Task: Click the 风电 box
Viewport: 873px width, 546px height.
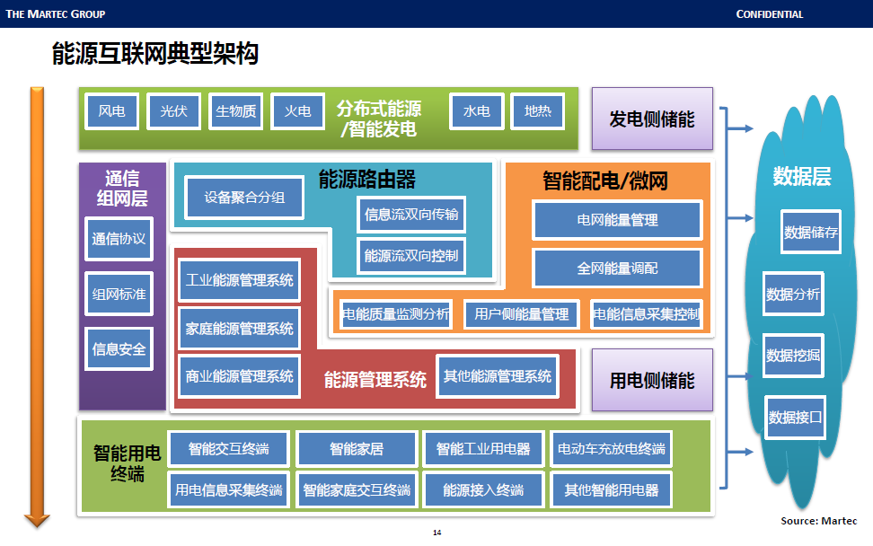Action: pyautogui.click(x=111, y=111)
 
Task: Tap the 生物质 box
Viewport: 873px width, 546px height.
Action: pyautogui.click(x=235, y=111)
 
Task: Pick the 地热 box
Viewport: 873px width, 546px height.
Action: pyautogui.click(x=538, y=111)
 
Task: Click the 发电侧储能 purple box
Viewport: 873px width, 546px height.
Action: pyautogui.click(x=652, y=119)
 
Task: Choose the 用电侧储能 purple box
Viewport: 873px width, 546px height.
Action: pyautogui.click(x=652, y=381)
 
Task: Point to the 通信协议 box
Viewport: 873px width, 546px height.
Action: pyautogui.click(x=119, y=239)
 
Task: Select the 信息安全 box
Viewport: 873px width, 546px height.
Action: pyautogui.click(x=119, y=348)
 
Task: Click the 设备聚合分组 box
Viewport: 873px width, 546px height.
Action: pyautogui.click(x=244, y=198)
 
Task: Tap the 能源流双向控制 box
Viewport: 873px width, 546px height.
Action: pyautogui.click(x=411, y=256)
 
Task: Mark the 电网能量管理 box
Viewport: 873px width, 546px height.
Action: pyautogui.click(x=617, y=219)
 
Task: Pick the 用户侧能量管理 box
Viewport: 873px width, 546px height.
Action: pyautogui.click(x=522, y=314)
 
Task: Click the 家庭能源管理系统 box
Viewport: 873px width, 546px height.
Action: pyautogui.click(x=239, y=329)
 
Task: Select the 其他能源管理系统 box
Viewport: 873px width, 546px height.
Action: pyautogui.click(x=498, y=375)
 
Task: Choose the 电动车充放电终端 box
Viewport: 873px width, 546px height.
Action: pyautogui.click(x=611, y=448)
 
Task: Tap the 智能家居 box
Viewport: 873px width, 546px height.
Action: pyautogui.click(x=357, y=448)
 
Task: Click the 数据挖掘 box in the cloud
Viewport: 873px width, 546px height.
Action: pyautogui.click(x=793, y=356)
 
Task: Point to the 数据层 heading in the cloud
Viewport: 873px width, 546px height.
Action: pyautogui.click(x=802, y=176)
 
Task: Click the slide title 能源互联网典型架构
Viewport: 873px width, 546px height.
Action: pyautogui.click(x=155, y=56)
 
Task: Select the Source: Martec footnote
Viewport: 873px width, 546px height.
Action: pyautogui.click(x=818, y=521)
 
